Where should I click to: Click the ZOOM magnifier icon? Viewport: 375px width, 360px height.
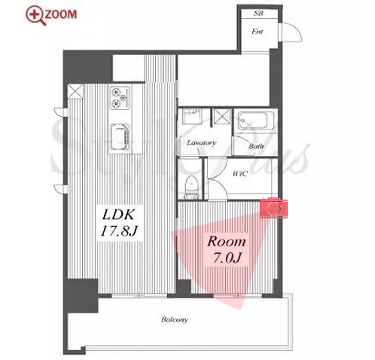(x=36, y=15)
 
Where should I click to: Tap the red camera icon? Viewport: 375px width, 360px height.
(x=273, y=208)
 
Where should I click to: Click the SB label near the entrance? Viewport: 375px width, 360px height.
(x=258, y=14)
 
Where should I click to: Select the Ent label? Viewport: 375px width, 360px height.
(x=258, y=32)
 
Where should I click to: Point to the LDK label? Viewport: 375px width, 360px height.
(x=118, y=215)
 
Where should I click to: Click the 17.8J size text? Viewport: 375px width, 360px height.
(x=119, y=231)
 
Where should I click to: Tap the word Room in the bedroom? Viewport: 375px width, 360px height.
(x=227, y=242)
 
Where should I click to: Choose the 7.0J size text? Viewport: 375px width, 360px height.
(x=227, y=258)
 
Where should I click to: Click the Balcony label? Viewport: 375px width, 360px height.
(x=175, y=319)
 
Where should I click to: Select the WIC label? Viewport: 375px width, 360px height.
(x=240, y=173)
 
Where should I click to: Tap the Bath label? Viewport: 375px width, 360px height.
(x=256, y=146)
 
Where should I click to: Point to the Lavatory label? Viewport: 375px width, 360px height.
(x=202, y=143)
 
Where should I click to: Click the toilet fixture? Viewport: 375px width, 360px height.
(x=192, y=186)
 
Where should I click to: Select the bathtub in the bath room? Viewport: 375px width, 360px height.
(x=256, y=121)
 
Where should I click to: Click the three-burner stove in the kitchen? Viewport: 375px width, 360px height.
(x=120, y=98)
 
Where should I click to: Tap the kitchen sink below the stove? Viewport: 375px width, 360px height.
(x=120, y=137)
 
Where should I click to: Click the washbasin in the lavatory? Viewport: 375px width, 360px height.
(x=192, y=116)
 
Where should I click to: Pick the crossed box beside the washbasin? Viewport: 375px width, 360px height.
(x=222, y=117)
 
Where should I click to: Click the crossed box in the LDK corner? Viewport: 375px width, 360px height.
(x=75, y=91)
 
